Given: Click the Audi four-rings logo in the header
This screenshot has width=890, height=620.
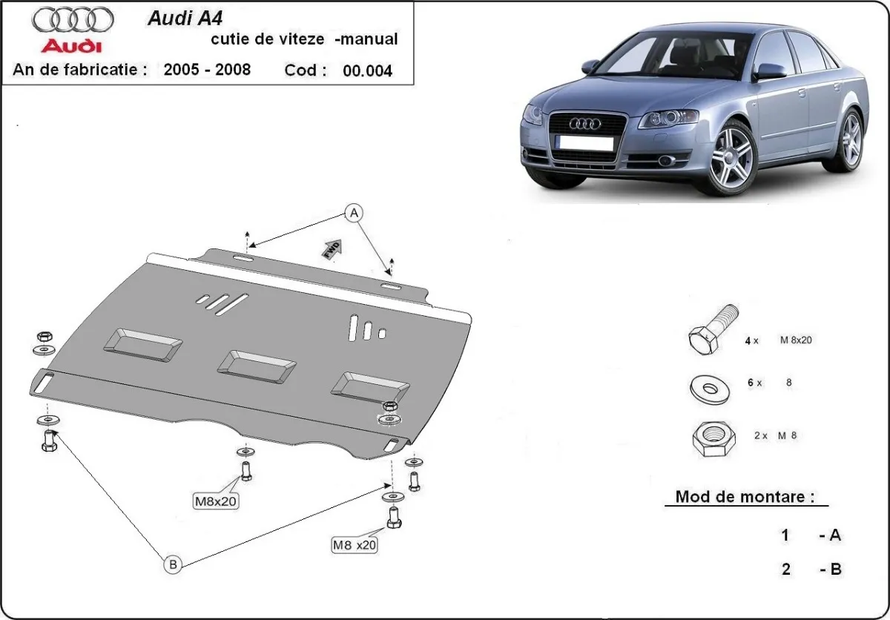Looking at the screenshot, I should click(x=73, y=19).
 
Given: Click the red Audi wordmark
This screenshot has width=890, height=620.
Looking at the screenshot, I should click(x=71, y=46).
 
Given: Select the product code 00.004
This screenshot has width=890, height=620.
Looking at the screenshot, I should click(x=367, y=71).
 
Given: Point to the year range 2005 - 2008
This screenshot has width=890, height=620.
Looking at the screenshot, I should click(x=207, y=70).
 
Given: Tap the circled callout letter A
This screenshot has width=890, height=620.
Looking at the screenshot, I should click(x=355, y=214).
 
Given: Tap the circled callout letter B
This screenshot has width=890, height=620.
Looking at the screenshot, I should click(x=173, y=565).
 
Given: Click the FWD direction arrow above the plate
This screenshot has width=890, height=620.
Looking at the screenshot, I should click(x=332, y=248).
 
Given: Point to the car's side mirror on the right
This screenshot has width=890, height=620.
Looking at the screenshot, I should click(x=770, y=71).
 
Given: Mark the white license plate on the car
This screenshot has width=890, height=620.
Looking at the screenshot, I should click(x=586, y=143).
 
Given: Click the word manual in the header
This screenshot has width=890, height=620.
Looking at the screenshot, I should click(x=369, y=39).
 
